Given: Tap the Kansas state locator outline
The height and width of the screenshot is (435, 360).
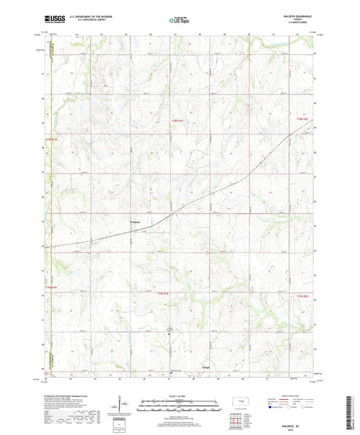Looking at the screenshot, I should click(240, 405).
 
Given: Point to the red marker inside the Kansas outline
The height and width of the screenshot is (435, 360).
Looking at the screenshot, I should click(241, 404).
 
